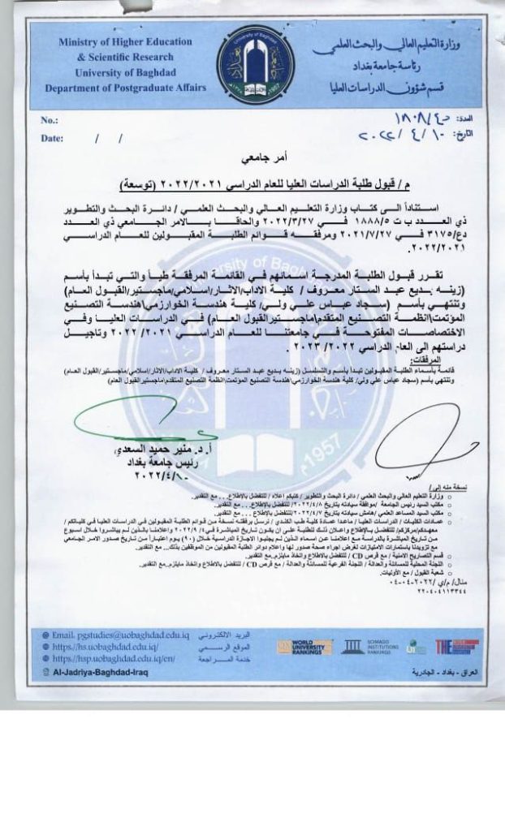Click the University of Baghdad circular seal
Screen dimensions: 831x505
coord(252,64)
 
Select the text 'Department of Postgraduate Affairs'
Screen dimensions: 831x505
coord(126,88)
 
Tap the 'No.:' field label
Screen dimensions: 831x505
coord(50,121)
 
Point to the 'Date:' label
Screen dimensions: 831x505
coord(53,138)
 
